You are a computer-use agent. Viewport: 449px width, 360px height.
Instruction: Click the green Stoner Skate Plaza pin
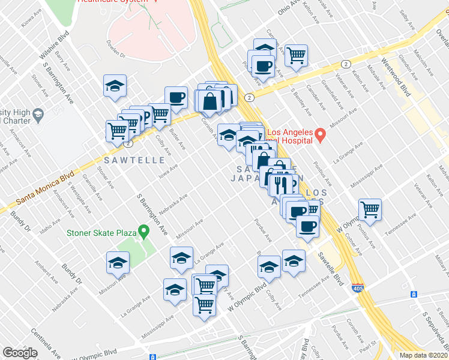pyautogui.click(x=143, y=230)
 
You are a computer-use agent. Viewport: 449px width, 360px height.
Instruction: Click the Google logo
pyautogui.click(x=20, y=353)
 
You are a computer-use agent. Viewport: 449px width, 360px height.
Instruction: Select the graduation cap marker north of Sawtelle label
pyautogui.click(x=115, y=86)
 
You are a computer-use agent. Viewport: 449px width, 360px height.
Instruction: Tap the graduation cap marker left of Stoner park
pyautogui.click(x=118, y=263)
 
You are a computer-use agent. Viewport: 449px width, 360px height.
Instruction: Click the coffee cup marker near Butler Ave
pyautogui.click(x=176, y=97)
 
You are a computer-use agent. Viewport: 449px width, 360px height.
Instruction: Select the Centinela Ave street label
pyautogui.click(x=47, y=342)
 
